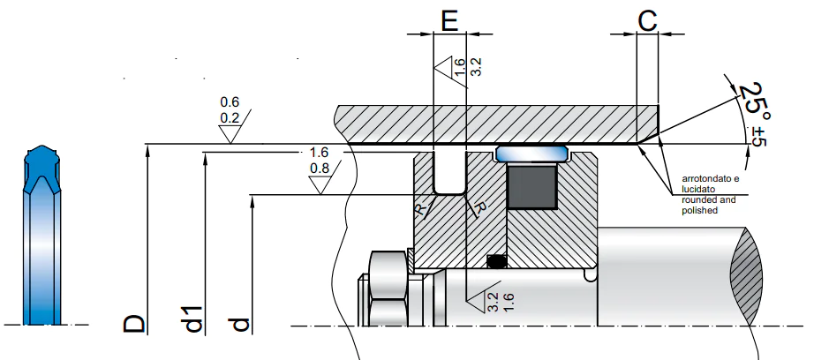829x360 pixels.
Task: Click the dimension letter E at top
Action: tap(448, 22)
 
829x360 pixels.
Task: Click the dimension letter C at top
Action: tap(648, 22)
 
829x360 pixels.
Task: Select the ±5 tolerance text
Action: tap(758, 135)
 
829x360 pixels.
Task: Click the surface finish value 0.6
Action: tap(230, 101)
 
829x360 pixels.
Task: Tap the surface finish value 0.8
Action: tap(320, 169)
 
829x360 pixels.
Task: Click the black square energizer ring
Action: tap(531, 186)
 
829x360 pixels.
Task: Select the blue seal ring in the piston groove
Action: tap(531, 154)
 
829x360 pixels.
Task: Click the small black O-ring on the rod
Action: tap(496, 260)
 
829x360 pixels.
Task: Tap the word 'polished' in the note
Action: tap(699, 210)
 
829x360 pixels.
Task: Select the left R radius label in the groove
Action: tap(420, 209)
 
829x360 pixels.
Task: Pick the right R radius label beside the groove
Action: tap(479, 209)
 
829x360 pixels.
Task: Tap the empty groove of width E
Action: tap(449, 174)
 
